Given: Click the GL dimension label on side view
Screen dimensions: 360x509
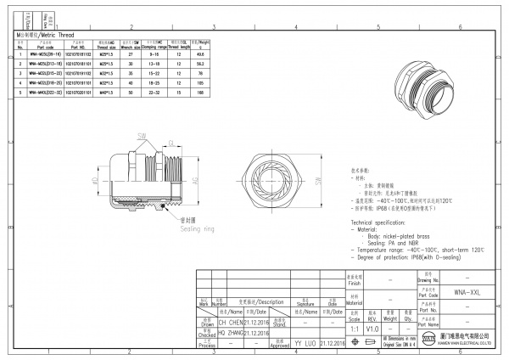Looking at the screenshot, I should point(171,143).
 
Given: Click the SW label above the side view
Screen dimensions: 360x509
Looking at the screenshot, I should point(142,135).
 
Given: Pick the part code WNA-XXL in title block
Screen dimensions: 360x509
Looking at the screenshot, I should point(460,290).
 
